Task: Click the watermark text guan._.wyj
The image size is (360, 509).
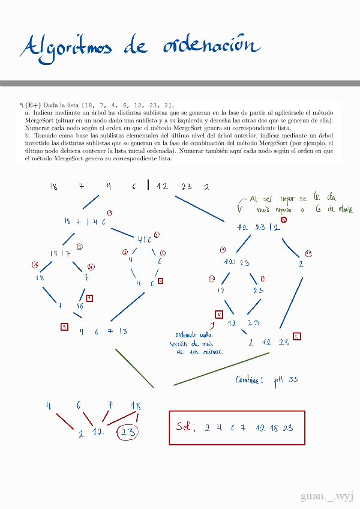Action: pyautogui.click(x=327, y=496)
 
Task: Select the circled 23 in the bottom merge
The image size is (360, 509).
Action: pyautogui.click(x=127, y=433)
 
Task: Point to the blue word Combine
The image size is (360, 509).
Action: pyautogui.click(x=248, y=380)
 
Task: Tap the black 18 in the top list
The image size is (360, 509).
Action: pyautogui.click(x=54, y=187)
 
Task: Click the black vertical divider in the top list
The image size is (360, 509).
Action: pyautogui.click(x=148, y=185)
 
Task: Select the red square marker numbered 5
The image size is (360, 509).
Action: pyautogui.click(x=297, y=336)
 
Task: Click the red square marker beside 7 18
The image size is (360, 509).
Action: pyautogui.click(x=89, y=298)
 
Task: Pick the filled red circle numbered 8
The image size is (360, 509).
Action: pyautogui.click(x=283, y=220)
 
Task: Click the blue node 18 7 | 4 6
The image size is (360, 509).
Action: pyautogui.click(x=85, y=221)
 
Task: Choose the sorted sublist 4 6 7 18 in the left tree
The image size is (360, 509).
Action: pyautogui.click(x=103, y=331)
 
